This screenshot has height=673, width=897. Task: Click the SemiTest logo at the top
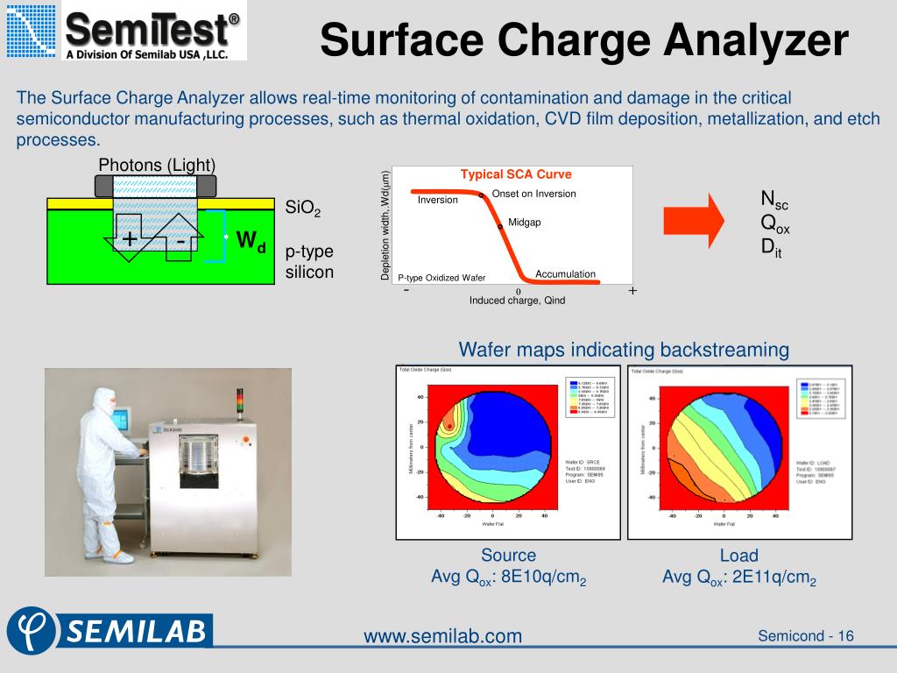coord(124,32)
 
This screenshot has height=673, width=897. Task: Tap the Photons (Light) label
coord(157,165)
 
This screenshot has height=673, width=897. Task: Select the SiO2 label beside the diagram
coord(303,209)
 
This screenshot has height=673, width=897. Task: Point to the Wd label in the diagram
coord(251,240)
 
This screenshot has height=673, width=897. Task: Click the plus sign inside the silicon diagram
coord(130,239)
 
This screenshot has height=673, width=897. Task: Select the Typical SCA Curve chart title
coord(516,174)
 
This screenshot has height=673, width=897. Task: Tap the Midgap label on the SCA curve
coord(525,223)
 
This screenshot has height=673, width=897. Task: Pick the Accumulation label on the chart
coord(565,274)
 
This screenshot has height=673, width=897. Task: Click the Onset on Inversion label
coord(533,194)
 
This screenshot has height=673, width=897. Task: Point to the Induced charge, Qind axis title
coord(517,301)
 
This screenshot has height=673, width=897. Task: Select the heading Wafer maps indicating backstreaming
coord(624,350)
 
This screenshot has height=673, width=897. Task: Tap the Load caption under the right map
coord(738,556)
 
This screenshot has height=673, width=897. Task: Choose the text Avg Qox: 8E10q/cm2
coord(508,577)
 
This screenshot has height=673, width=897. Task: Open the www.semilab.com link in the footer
coord(442,635)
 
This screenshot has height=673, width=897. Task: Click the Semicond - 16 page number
coord(805,635)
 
